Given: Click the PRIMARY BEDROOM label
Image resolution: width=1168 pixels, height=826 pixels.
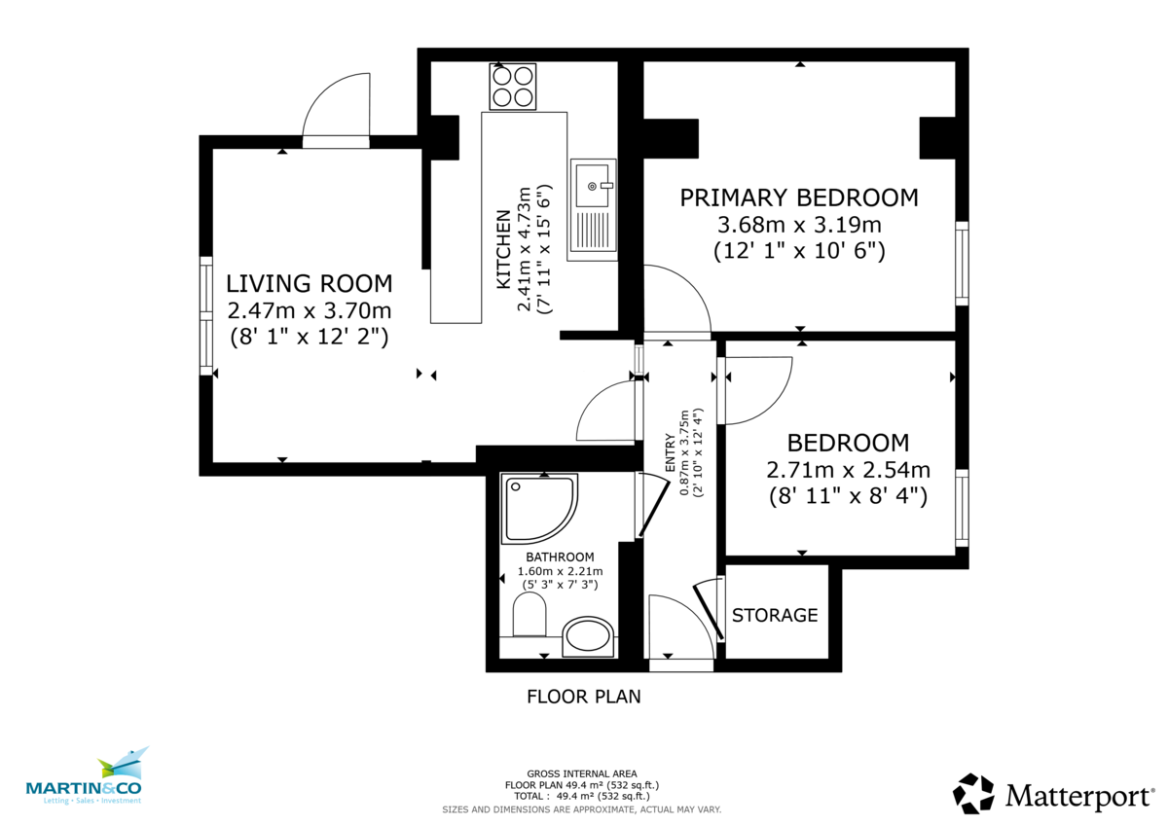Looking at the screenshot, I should (x=798, y=198).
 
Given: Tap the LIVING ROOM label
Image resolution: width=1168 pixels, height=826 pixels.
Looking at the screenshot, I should (x=309, y=284).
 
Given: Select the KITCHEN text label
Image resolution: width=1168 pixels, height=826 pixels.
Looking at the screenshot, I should (x=504, y=249).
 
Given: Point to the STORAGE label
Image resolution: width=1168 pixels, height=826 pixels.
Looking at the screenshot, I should (x=775, y=616).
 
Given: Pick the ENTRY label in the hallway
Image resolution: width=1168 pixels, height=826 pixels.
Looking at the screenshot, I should (x=670, y=454).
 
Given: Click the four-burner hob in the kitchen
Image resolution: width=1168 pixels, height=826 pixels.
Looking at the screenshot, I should (x=513, y=86).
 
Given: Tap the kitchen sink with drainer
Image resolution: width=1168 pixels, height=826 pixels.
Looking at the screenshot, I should (x=593, y=207).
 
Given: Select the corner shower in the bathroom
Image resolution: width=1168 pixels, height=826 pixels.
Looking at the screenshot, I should (x=537, y=508).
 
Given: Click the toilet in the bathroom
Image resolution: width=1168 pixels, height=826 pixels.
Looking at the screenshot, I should (x=528, y=617).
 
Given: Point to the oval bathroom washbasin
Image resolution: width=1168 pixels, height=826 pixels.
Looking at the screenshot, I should (x=589, y=637).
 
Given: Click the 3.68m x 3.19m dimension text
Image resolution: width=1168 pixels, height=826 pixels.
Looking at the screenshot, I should (x=798, y=226).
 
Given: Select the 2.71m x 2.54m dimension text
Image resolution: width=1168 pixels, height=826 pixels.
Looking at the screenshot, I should (x=848, y=471).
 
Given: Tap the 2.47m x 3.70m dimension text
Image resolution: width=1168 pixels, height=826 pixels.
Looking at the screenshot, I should (x=309, y=311).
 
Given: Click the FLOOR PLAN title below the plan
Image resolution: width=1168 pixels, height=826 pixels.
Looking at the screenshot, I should (x=583, y=697).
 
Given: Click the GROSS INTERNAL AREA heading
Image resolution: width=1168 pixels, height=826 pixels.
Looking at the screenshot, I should (x=581, y=773).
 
